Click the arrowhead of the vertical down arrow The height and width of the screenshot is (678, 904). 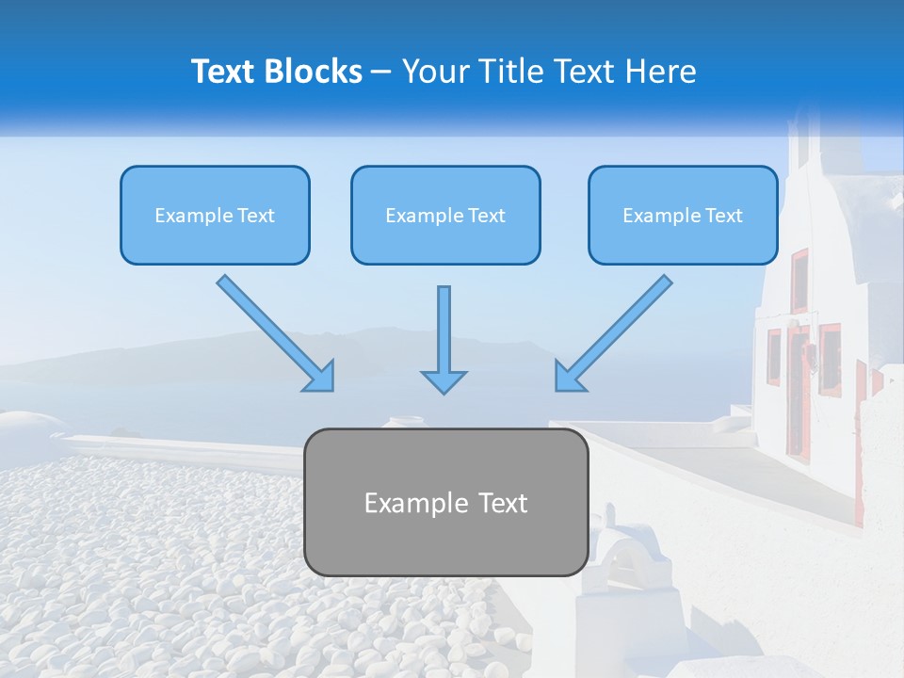(x=444, y=380)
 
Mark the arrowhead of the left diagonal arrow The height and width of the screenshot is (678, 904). (x=320, y=377)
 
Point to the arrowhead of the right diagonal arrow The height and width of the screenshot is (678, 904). (x=568, y=377)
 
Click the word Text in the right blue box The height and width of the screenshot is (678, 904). (x=723, y=215)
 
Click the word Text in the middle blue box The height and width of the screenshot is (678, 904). (x=486, y=215)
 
